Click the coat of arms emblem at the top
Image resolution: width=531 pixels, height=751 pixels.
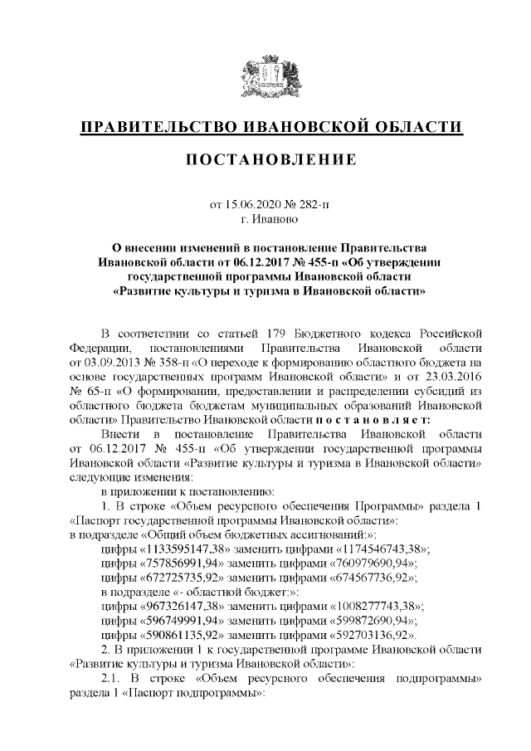(x=265, y=77)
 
